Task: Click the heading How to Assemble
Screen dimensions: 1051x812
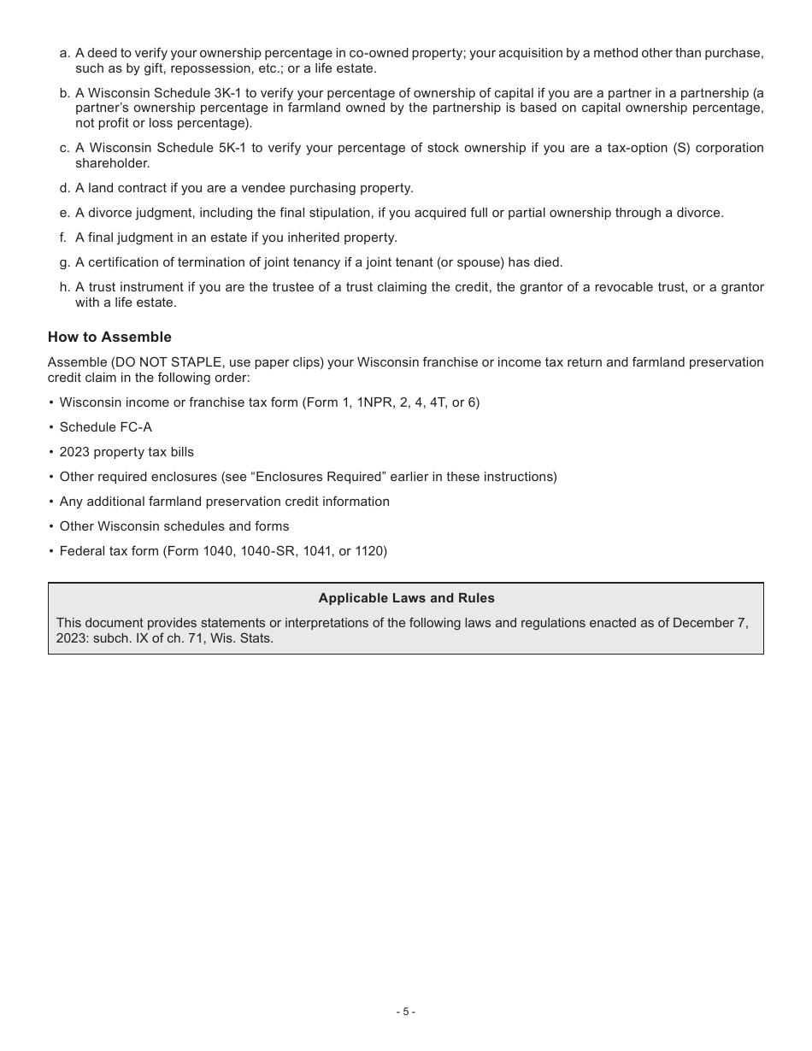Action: point(109,338)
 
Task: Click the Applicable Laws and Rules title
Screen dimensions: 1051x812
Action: point(406,598)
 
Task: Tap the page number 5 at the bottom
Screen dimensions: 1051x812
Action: point(406,1012)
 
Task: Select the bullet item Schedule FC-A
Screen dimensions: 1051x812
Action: point(105,427)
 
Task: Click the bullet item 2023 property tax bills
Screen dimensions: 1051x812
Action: point(127,452)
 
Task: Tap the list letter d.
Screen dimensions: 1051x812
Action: point(65,188)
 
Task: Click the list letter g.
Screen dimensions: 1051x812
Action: point(65,262)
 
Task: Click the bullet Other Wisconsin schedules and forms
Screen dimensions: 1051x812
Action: point(174,526)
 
